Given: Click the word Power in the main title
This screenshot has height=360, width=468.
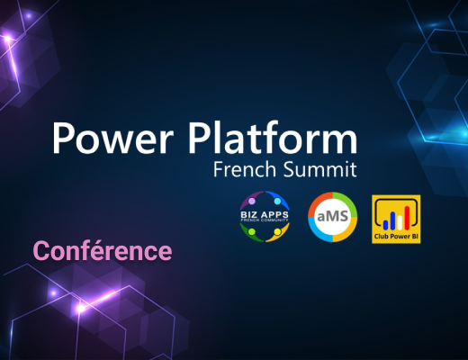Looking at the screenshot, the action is pyautogui.click(x=112, y=138).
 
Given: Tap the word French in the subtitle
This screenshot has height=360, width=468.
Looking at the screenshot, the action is pyautogui.click(x=245, y=169).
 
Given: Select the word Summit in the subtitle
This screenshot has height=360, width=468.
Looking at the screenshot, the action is pyautogui.click(x=320, y=169).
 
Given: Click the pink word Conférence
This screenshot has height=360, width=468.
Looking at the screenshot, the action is pyautogui.click(x=103, y=250).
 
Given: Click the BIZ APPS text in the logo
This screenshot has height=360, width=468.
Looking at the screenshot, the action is pyautogui.click(x=265, y=215).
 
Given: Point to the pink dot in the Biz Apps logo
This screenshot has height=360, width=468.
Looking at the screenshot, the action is pyautogui.click(x=252, y=201).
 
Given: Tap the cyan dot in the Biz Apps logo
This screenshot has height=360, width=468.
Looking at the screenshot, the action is pyautogui.click(x=277, y=201).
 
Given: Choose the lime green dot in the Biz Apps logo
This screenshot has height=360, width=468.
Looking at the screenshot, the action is pyautogui.click(x=252, y=231).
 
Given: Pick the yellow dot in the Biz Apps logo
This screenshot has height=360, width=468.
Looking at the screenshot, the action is pyautogui.click(x=277, y=231).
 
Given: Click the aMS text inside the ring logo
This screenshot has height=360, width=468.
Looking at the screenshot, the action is pyautogui.click(x=332, y=216).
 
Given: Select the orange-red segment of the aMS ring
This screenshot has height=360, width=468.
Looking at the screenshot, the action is pyautogui.click(x=315, y=202).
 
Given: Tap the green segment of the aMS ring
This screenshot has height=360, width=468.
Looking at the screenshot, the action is pyautogui.click(x=350, y=202).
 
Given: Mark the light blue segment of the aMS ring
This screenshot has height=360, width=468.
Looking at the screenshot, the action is pyautogui.click(x=315, y=231).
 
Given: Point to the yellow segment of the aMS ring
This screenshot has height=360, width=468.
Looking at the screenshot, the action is pyautogui.click(x=350, y=231).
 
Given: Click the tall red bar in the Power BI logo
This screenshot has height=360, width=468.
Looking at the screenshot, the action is pyautogui.click(x=407, y=218).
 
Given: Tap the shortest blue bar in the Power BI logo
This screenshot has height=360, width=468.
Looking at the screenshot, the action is pyautogui.click(x=385, y=225).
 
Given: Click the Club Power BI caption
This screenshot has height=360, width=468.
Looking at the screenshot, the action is pyautogui.click(x=396, y=237).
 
